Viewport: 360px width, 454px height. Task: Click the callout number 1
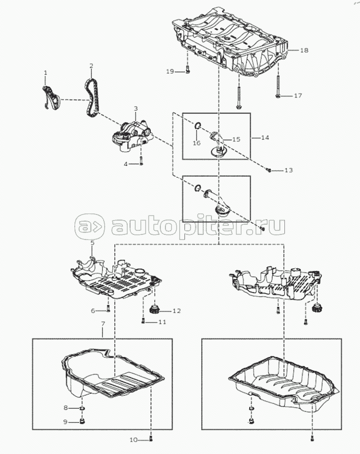click(x=45, y=74)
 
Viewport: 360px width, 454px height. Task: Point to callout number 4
click(x=126, y=164)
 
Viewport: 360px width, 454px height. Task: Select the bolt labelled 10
click(x=151, y=439)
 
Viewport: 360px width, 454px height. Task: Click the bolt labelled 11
click(x=142, y=321)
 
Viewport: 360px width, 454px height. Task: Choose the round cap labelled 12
click(x=154, y=309)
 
